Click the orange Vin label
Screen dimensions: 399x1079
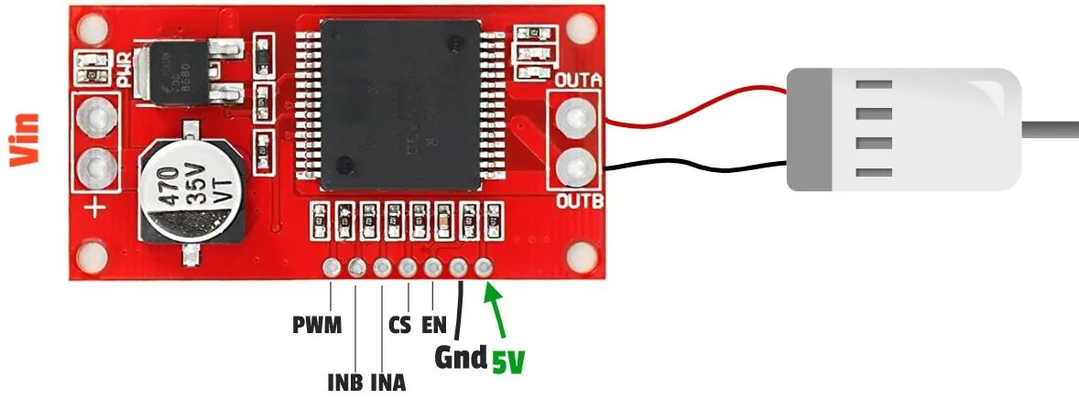(25, 139)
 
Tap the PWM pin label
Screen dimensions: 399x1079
(316, 325)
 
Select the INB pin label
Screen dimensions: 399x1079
(344, 381)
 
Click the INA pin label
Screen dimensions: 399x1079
(388, 381)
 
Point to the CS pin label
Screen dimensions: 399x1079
(399, 325)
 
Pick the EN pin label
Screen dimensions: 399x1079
(433, 325)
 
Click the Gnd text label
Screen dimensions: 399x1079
(459, 356)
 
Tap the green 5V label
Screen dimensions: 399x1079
(507, 362)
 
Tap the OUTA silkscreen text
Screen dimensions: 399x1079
(577, 81)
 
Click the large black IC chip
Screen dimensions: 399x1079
(403, 101)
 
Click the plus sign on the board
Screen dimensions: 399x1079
(97, 210)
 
